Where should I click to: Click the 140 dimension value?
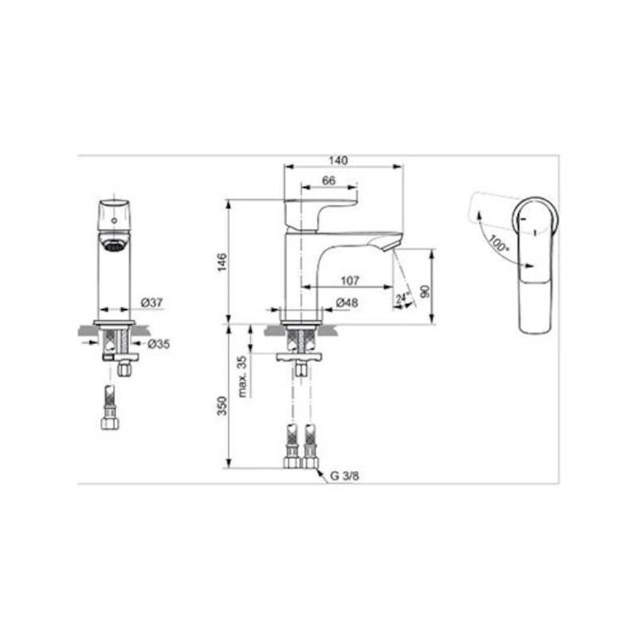(x=338, y=161)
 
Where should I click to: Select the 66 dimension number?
(x=329, y=181)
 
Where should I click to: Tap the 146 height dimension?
(x=222, y=262)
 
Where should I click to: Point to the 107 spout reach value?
(x=350, y=280)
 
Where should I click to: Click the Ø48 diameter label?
(x=347, y=303)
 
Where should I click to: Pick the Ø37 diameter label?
(x=151, y=303)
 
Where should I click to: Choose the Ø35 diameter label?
(x=158, y=344)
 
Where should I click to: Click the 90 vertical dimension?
(x=424, y=291)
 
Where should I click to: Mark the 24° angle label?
(x=402, y=298)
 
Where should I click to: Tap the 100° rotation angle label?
(x=498, y=243)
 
